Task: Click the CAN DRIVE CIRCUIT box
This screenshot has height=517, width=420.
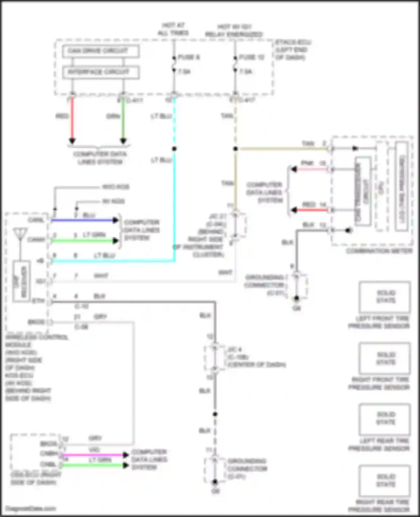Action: pos(101,51)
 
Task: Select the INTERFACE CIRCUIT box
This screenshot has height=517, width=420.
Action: pos(101,72)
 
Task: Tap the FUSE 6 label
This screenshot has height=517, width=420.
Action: pos(189,57)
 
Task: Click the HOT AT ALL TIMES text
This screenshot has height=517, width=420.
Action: pos(173,29)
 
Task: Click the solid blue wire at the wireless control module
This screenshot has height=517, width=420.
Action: pos(84,220)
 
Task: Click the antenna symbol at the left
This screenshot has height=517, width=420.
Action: pos(20,234)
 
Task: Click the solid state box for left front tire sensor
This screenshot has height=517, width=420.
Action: pos(385,297)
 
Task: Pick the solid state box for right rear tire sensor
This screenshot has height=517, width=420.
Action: pos(385,481)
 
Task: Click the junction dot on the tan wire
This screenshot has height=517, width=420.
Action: pos(235,149)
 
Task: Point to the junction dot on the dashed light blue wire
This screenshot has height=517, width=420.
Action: pos(174,149)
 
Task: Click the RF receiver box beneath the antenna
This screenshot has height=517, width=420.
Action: pos(21,281)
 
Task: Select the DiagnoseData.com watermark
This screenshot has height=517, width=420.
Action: pos(31,508)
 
